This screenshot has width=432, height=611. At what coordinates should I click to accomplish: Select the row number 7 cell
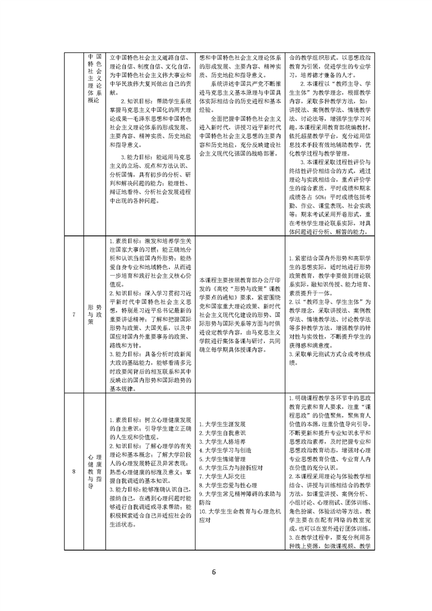[x=74, y=314]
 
